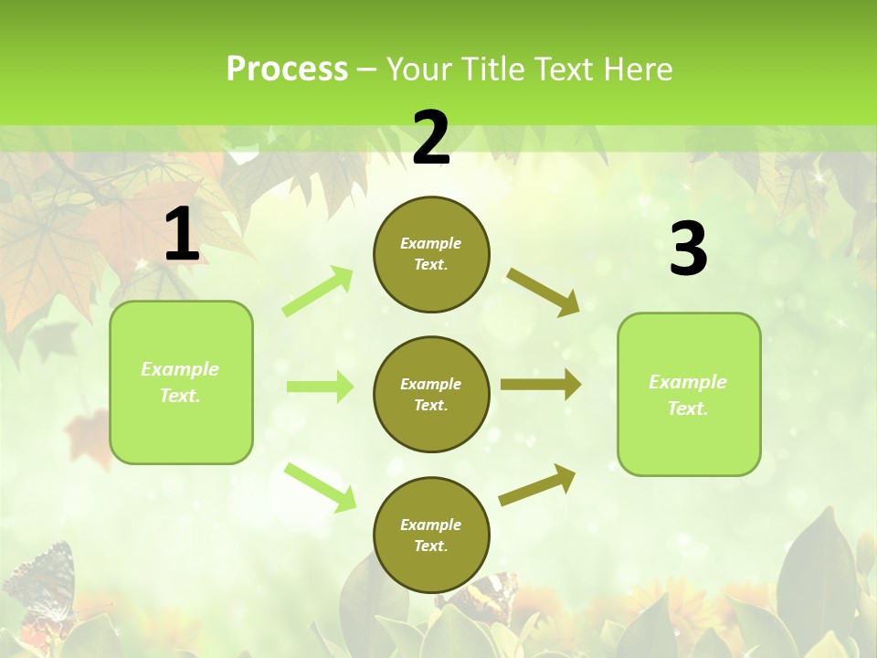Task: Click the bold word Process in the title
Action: coord(287,69)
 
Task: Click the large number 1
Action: coord(182,235)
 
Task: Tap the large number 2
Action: coord(431,138)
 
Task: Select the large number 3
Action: coord(688,249)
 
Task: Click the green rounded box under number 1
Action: coord(181,382)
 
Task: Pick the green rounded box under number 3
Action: coord(689,394)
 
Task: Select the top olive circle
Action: coord(431,254)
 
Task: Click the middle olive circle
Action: coord(431,394)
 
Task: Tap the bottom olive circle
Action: coord(431,535)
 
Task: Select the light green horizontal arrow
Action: coord(320,387)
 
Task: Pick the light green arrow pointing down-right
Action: coord(321,487)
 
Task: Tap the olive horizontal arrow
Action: coord(541,385)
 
